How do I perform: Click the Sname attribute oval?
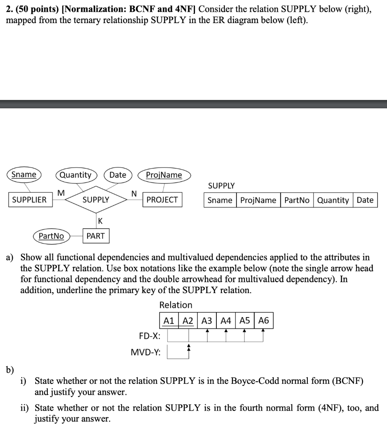point(23,175)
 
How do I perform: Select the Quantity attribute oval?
point(76,175)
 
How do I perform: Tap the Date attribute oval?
point(117,175)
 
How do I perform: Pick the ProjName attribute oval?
point(164,175)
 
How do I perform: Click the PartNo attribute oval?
point(51,236)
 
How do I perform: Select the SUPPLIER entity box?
point(29,200)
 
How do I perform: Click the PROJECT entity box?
point(162,200)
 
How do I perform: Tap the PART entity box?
point(96,236)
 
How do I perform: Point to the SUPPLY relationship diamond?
point(96,200)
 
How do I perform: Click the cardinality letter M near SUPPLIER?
point(61,193)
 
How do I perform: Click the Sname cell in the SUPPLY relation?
point(220,200)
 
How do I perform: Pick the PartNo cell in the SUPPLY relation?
point(297,200)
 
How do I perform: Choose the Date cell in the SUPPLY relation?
point(365,200)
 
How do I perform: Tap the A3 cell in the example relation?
point(207,321)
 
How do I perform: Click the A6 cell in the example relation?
point(264,321)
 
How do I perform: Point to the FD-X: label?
point(149,336)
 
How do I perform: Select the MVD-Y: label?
point(145,353)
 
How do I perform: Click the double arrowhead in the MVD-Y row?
point(189,347)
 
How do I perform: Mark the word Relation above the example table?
point(176,305)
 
